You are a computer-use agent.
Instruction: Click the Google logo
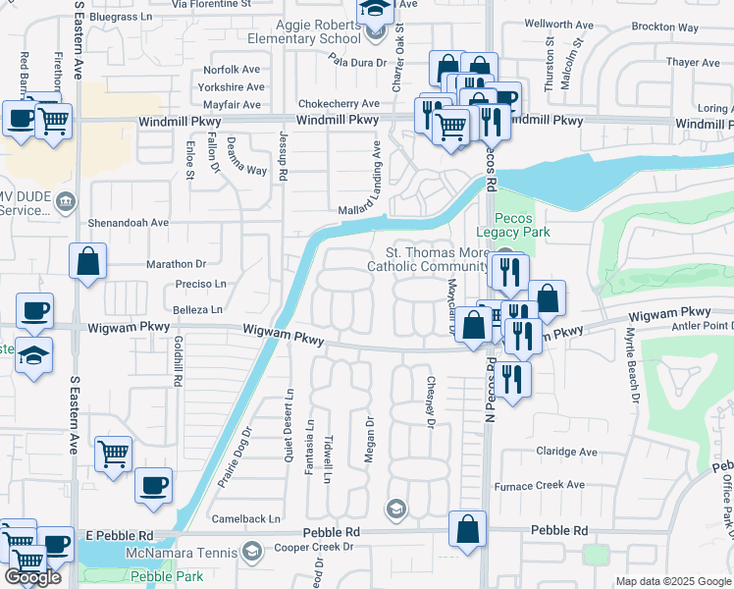point(31,577)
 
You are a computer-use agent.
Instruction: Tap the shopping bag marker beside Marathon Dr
point(87,262)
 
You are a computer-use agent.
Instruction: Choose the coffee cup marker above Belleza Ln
point(34,311)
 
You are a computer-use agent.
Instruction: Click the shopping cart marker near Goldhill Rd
point(114,455)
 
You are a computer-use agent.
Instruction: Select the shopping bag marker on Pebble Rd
point(468,529)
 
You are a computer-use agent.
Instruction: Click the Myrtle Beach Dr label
point(631,364)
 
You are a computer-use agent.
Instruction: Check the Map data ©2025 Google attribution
point(674,581)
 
